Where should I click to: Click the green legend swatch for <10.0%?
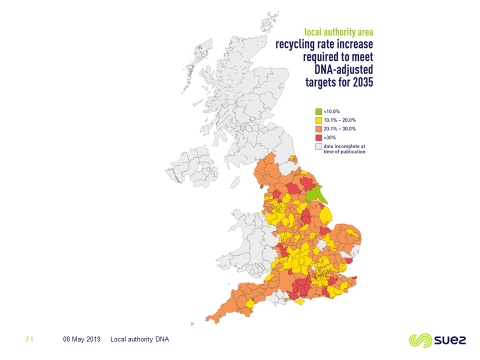point(318,111)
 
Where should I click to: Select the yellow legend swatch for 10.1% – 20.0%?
point(318,120)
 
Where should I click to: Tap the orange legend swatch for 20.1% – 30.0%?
point(318,129)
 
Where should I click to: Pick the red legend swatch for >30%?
point(318,138)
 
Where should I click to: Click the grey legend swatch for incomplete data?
point(318,147)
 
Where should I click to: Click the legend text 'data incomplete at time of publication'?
point(349,149)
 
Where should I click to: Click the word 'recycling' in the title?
point(300,46)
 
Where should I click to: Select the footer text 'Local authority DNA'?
point(140,339)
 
